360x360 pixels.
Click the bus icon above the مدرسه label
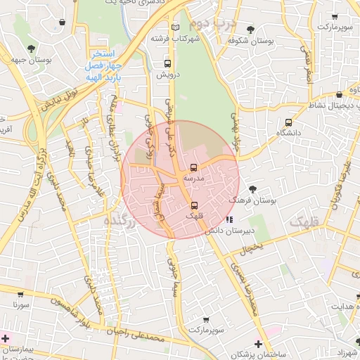(193, 168)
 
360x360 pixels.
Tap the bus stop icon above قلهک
(193, 205)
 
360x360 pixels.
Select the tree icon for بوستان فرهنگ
(253, 188)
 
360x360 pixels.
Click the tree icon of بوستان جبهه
(31, 48)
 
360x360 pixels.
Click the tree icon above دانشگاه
(288, 120)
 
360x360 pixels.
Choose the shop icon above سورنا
(21, 295)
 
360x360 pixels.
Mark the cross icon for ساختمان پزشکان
(259, 343)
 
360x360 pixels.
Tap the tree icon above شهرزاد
(356, 340)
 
